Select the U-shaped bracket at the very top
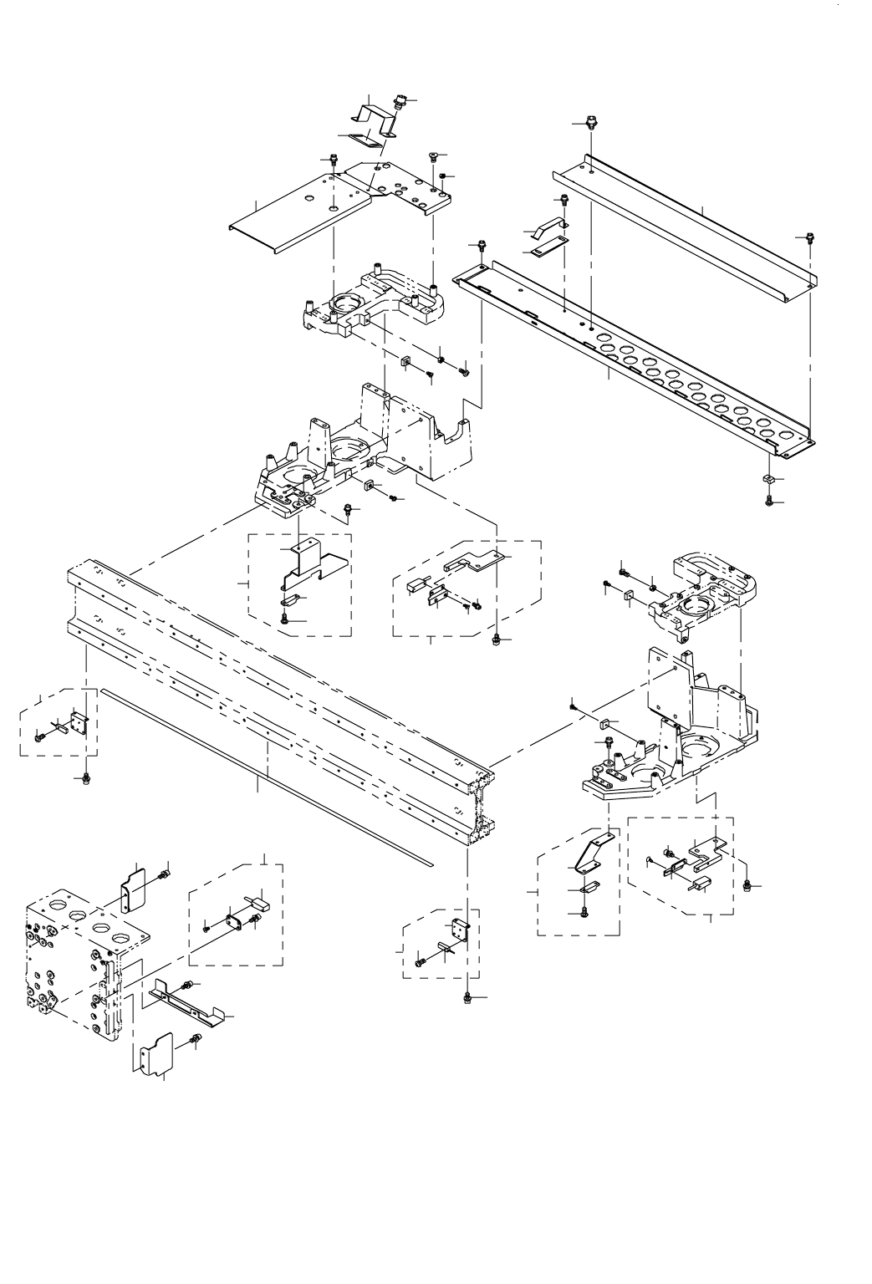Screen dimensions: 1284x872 click(x=376, y=117)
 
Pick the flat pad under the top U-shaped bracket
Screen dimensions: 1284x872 click(x=365, y=140)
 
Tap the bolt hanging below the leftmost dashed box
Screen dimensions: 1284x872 click(x=86, y=779)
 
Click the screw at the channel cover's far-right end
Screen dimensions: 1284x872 click(x=809, y=236)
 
